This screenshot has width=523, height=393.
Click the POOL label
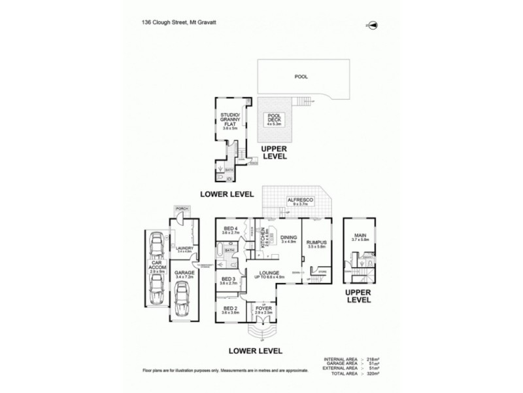tap(301, 77)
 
